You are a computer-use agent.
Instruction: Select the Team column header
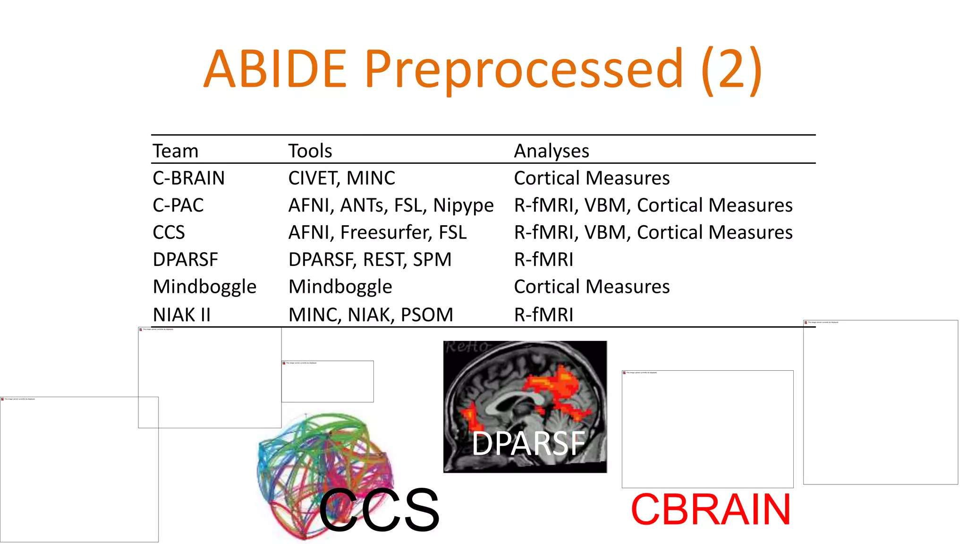(x=175, y=151)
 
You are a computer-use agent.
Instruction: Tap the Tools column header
(x=310, y=151)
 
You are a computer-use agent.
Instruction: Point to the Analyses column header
(x=551, y=151)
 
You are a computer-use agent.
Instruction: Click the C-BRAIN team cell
(x=188, y=178)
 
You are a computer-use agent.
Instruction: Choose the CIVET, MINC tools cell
(x=341, y=178)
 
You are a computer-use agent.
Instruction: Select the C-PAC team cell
(x=178, y=205)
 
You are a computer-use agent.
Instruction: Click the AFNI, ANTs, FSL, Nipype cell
(x=390, y=205)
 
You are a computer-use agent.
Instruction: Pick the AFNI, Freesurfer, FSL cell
(x=377, y=232)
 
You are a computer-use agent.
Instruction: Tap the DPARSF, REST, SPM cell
(x=370, y=260)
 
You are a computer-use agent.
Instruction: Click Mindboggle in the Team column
(x=204, y=287)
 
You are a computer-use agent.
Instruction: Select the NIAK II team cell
(x=181, y=314)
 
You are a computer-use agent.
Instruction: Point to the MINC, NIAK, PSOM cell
(x=371, y=314)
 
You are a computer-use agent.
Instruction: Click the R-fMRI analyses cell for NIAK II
(x=543, y=314)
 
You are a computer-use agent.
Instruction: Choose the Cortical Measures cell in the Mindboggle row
(x=592, y=287)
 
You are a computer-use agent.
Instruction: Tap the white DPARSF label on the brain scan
(x=528, y=443)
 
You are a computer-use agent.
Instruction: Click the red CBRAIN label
(x=711, y=510)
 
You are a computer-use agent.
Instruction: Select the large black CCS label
(x=379, y=510)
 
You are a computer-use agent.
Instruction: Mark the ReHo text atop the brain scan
(x=467, y=347)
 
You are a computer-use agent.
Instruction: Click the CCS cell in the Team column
(x=169, y=232)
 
